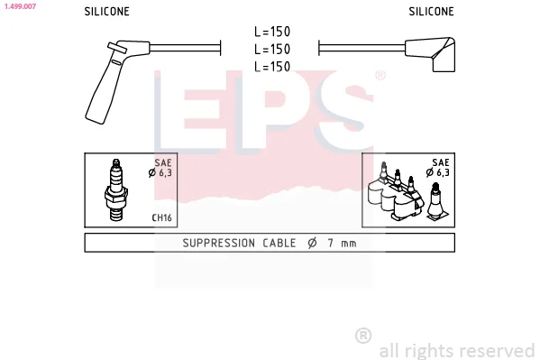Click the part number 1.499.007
pos(20,6)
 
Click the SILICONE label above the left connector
pos(106,12)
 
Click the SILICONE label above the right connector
pos(431,12)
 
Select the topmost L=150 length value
pos(272,32)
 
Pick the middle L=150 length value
pos(272,50)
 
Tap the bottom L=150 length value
pos(272,67)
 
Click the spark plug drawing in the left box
pos(116,189)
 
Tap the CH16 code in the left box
pos(162,218)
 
